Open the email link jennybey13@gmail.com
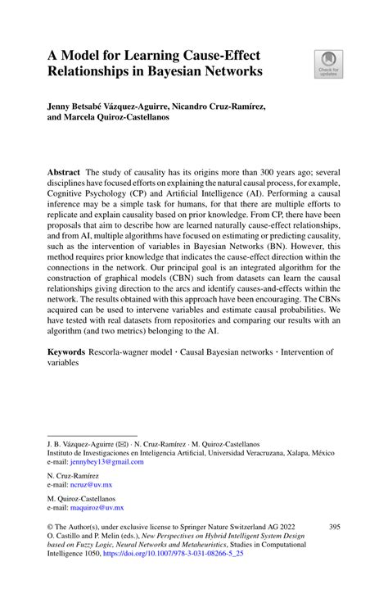pos(97,462)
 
